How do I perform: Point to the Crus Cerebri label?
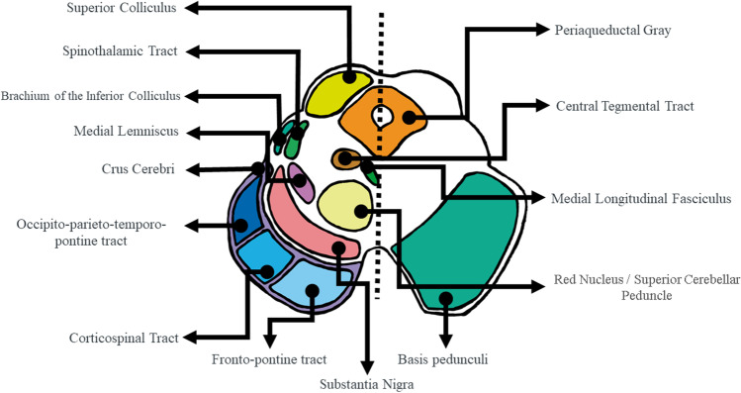[139, 169]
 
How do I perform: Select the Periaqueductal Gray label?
[613, 30]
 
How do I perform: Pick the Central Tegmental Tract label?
[624, 105]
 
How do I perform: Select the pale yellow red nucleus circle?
[348, 203]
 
